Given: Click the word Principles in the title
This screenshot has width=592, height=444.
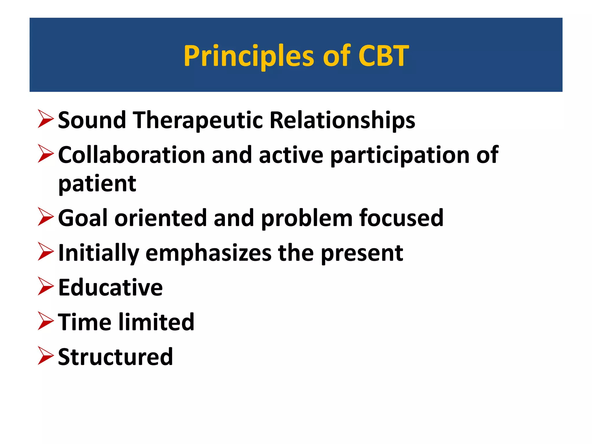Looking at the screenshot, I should [x=249, y=56].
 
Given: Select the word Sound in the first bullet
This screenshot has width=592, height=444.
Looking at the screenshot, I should [x=92, y=120].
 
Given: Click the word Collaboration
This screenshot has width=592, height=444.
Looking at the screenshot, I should [x=132, y=155].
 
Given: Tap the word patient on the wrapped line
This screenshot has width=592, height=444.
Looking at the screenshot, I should [x=97, y=184].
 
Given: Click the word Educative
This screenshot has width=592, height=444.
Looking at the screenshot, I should [x=110, y=288].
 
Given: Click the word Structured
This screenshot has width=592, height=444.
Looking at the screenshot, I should [x=115, y=357].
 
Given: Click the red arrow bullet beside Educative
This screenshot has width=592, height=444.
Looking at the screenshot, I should [x=46, y=286].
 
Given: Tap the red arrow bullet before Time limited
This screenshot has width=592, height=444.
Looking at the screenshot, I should [x=46, y=321].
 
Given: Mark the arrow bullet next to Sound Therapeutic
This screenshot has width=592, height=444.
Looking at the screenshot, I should [x=46, y=119].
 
